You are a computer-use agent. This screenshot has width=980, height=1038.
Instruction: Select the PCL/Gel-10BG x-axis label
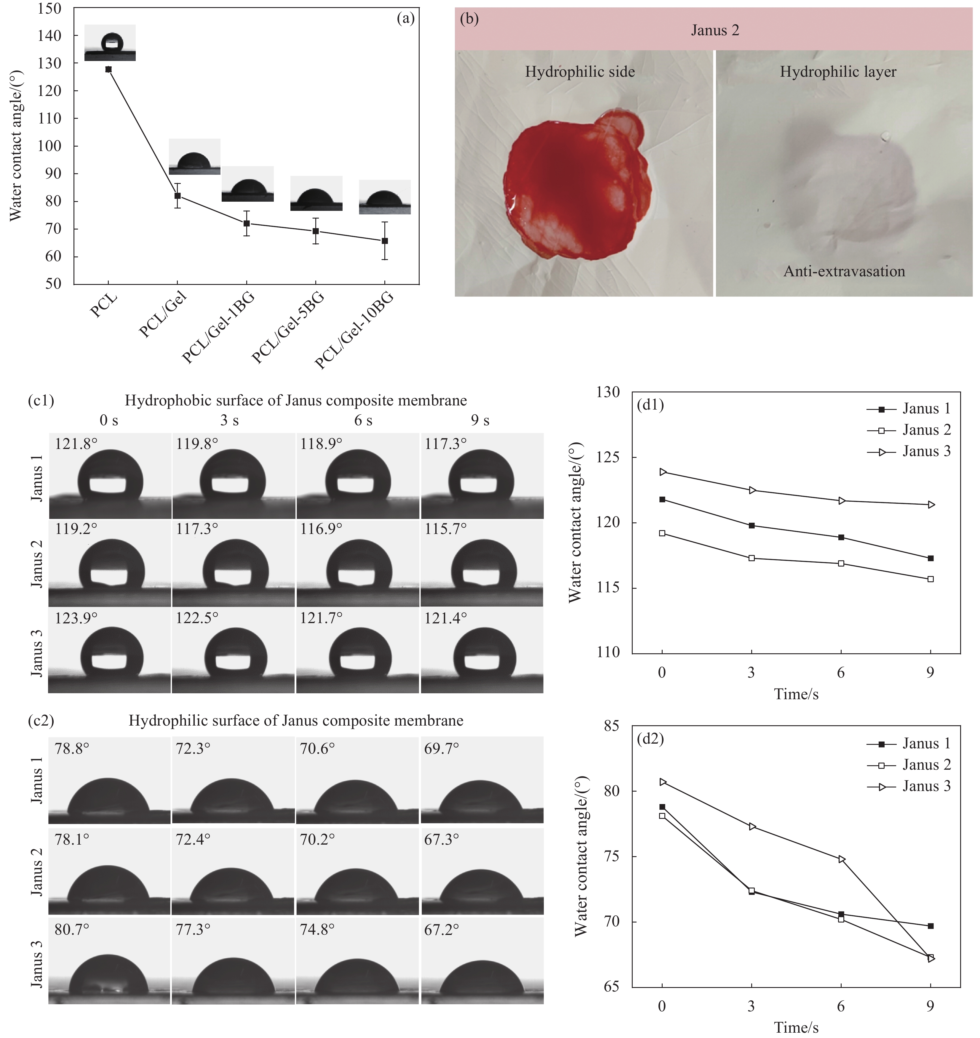354,330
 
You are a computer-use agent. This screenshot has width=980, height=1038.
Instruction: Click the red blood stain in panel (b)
569,188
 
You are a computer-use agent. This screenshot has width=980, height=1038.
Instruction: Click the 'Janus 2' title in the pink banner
715,30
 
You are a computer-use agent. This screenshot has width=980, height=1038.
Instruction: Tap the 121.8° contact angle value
76,444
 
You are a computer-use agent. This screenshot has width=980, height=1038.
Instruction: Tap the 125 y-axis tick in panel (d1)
609,457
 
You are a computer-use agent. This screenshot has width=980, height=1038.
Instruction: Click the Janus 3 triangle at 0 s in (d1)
662,472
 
